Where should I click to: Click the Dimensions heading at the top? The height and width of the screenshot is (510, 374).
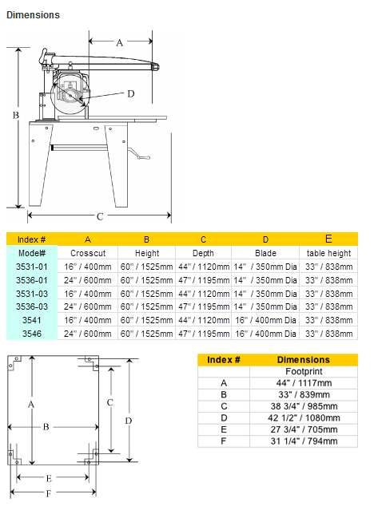pyautogui.click(x=33, y=15)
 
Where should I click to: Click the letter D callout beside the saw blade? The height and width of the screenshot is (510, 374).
pyautogui.click(x=130, y=94)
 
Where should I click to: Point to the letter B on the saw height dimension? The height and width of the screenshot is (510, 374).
pyautogui.click(x=16, y=115)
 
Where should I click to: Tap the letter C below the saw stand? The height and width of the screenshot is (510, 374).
pyautogui.click(x=100, y=216)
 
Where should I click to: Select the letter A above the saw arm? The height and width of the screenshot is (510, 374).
pyautogui.click(x=120, y=42)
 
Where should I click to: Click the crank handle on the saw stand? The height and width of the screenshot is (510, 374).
pyautogui.click(x=139, y=154)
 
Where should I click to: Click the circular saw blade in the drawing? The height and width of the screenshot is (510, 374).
pyautogui.click(x=70, y=95)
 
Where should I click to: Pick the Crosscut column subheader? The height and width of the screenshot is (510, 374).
pyautogui.click(x=88, y=253)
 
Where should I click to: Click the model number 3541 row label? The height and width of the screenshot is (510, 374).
pyautogui.click(x=32, y=320)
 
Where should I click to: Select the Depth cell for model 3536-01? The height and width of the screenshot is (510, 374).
pyautogui.click(x=204, y=280)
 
